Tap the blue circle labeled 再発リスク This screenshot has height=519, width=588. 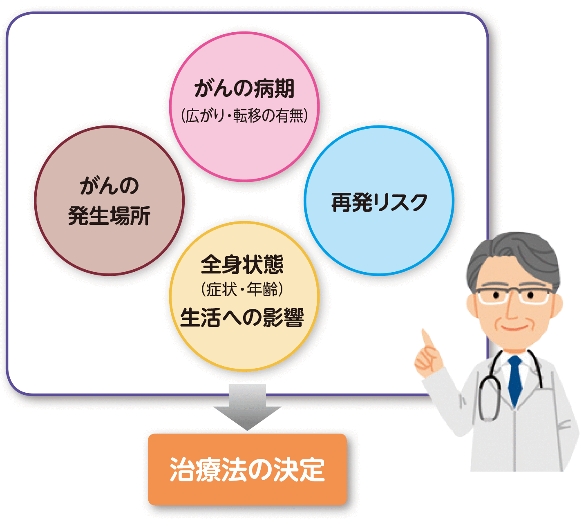pyautogui.click(x=379, y=237)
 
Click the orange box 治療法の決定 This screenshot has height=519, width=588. pyautogui.click(x=247, y=469)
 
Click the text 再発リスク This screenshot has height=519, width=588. pyautogui.click(x=379, y=202)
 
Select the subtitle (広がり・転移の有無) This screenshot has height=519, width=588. pyautogui.click(x=244, y=116)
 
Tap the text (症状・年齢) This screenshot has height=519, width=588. pyautogui.click(x=242, y=290)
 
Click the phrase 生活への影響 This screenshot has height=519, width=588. pyautogui.click(x=242, y=318)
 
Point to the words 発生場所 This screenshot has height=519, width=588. pyautogui.click(x=109, y=215)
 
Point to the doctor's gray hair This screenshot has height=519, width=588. pyautogui.click(x=511, y=253)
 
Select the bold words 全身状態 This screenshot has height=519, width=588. pyautogui.click(x=242, y=264)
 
